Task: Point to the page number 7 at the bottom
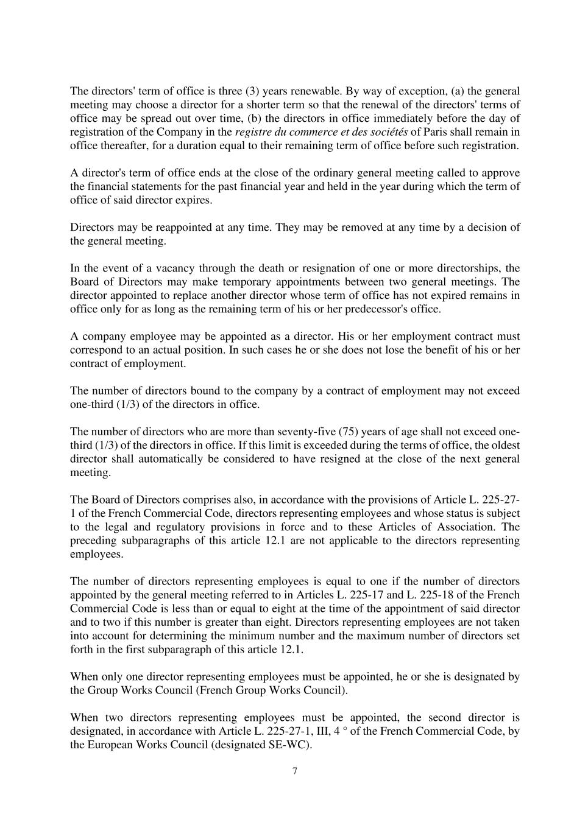[x=295, y=771]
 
